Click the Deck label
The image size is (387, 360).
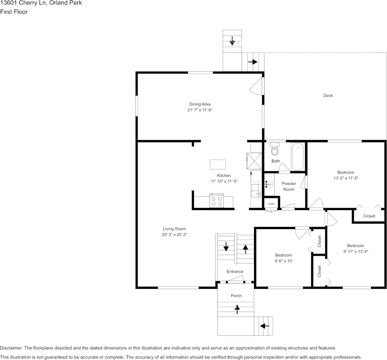coord(328,96)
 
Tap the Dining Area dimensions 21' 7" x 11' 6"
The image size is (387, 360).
coord(200,110)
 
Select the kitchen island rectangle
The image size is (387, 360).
coord(218,164)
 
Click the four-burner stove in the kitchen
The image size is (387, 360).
coord(217,201)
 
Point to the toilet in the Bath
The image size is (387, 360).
coord(275,150)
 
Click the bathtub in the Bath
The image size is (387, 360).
coord(298,156)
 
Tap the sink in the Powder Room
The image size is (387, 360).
coord(269,184)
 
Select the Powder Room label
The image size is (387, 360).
coord(289,186)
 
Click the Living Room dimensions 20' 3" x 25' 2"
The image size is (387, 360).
coord(174,235)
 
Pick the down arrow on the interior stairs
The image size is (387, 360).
coord(226,247)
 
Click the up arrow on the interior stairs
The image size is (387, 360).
coord(246,249)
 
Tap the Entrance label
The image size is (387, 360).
coord(235,271)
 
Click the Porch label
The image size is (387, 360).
coord(236,296)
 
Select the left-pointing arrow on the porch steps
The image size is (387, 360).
coord(264,326)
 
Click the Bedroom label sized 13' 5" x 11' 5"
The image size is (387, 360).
coord(345,172)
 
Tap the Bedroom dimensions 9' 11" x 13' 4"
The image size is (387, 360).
coord(355,251)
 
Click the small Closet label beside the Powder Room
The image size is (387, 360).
coord(271,204)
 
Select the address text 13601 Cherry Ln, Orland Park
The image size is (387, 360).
coord(41,3)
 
